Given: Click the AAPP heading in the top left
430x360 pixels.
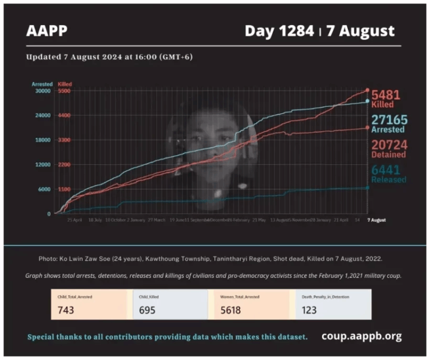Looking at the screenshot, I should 46,31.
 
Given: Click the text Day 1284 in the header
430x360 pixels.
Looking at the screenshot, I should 279,31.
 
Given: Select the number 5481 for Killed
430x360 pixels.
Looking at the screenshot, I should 386,95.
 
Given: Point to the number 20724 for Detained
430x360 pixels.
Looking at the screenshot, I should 388,144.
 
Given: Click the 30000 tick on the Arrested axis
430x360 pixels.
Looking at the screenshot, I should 43,91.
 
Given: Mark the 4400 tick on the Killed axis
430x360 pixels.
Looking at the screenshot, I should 64,115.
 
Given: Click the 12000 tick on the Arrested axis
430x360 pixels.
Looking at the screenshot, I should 43,165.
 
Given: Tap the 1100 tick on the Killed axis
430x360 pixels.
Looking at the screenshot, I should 64,189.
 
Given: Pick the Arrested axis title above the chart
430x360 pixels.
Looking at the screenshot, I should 42,84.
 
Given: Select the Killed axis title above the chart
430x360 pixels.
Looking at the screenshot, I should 65,84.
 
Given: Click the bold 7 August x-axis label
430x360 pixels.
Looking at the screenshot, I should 376,220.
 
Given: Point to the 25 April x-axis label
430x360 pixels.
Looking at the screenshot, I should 75,220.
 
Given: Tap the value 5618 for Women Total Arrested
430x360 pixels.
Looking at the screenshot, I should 231,310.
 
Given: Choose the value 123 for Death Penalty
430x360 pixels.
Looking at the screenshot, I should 309,310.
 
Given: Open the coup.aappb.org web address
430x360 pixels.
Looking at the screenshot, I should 361,336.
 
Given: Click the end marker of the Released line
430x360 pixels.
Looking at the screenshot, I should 367,188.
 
